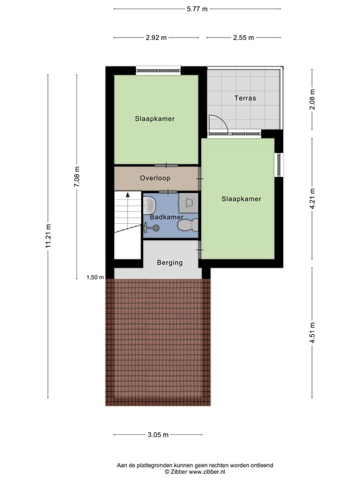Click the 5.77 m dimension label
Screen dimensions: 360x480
(197, 9)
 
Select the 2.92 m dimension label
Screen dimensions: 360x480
(156, 37)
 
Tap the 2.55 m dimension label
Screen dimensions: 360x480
(243, 37)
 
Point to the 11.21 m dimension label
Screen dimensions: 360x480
(48, 236)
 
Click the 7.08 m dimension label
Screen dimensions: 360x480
(77, 177)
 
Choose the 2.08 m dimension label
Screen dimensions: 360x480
(312, 99)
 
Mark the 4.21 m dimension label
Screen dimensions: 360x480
(312, 199)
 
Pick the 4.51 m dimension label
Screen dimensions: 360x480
(312, 332)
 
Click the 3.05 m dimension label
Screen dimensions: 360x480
(158, 435)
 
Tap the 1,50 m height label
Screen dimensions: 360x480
(95, 277)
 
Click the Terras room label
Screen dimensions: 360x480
(245, 98)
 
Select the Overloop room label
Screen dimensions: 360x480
(155, 178)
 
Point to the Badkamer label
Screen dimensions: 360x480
(166, 217)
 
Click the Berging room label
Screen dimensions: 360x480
(169, 262)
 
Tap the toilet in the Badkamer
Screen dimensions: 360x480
(187, 225)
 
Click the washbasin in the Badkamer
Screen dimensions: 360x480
(149, 206)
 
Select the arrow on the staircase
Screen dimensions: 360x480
(127, 194)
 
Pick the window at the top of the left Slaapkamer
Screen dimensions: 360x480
(158, 71)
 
